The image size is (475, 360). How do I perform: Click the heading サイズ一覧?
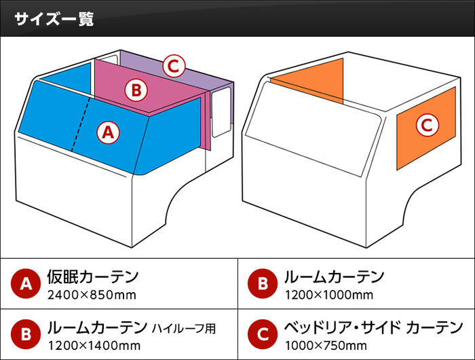[54, 19]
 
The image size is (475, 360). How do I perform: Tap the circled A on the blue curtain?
[108, 132]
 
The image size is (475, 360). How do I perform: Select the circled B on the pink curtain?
[136, 90]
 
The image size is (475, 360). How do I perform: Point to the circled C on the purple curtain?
[174, 66]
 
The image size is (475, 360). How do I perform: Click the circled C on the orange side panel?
[427, 125]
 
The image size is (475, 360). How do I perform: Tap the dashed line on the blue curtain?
[81, 124]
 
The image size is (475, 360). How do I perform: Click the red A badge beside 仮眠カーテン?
[26, 283]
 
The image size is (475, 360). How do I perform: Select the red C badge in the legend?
[263, 334]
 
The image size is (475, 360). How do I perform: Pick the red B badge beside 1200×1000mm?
[263, 283]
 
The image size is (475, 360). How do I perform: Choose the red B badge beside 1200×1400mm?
[26, 334]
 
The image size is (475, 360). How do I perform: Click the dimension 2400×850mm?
[92, 295]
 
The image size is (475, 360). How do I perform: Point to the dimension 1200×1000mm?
[329, 295]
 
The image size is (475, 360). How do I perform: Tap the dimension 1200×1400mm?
[94, 346]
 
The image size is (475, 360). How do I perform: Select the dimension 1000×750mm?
[326, 346]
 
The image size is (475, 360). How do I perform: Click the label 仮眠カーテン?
[93, 276]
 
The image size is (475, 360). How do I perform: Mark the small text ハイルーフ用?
[184, 328]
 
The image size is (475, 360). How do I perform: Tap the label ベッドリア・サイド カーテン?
[373, 327]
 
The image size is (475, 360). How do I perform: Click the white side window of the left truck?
[221, 113]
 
